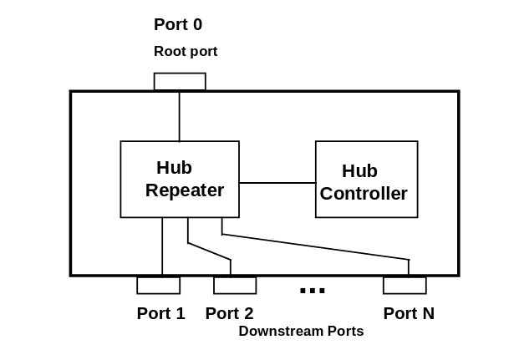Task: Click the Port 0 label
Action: click(x=178, y=24)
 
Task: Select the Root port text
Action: click(x=186, y=52)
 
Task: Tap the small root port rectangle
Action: click(x=180, y=82)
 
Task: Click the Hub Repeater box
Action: click(x=180, y=159)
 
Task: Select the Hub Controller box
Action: click(x=366, y=159)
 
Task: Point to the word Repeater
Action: click(x=185, y=190)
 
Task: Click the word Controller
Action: click(x=364, y=194)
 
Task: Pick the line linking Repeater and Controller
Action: click(x=277, y=182)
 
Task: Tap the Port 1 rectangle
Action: click(x=158, y=286)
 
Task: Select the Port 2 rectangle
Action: click(x=235, y=286)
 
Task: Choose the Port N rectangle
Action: click(x=405, y=286)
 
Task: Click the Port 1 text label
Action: click(x=160, y=314)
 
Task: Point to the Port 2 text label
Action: click(x=229, y=314)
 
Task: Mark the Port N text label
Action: click(x=409, y=314)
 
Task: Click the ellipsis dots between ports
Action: click(x=312, y=291)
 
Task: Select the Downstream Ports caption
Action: click(x=301, y=332)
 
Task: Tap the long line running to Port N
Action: click(x=318, y=248)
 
